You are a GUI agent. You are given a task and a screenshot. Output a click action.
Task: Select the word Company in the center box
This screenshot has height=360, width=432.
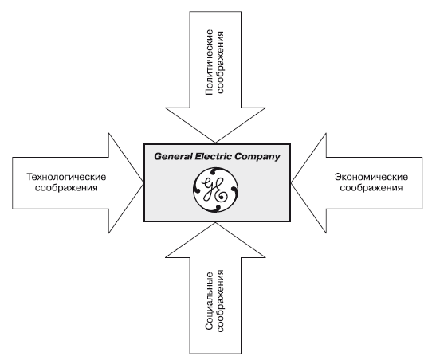tap(257, 157)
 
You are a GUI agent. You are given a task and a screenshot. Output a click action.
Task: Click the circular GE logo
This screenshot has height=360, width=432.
tap(216, 190)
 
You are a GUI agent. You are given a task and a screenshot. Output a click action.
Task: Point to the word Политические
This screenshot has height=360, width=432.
tap(210, 62)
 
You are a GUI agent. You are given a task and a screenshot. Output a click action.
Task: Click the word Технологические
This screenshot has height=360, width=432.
tap(66, 177)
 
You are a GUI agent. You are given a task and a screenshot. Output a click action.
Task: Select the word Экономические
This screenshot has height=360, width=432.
tap(371, 177)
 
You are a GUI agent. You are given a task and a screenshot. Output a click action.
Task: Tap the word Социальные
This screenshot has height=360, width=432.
tap(210, 301)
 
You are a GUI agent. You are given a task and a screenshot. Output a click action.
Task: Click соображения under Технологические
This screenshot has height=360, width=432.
tap(66, 188)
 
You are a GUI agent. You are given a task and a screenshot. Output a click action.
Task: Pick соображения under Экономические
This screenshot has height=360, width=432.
tap(371, 188)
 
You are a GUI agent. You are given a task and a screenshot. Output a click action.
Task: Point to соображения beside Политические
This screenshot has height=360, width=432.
tap(221, 62)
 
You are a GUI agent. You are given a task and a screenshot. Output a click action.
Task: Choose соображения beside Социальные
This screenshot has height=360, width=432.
tap(221, 301)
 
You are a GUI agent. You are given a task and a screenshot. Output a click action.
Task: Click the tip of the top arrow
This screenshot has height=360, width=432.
tap(215, 143)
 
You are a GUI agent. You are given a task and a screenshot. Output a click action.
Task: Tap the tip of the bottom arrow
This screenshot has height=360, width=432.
tap(215, 222)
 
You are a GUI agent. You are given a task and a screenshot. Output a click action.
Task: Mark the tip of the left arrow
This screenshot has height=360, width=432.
tap(143, 183)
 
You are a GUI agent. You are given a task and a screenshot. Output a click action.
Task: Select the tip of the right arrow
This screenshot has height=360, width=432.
tap(291, 183)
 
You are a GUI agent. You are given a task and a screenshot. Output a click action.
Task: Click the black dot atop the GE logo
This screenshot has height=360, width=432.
tap(213, 172)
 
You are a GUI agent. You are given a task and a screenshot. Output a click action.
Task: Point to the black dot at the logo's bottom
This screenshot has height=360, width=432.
tap(218, 208)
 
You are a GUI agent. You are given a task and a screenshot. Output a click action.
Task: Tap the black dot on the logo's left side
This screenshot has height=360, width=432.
tap(198, 190)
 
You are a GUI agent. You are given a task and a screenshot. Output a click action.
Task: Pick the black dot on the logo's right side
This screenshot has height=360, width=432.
tap(234, 190)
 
